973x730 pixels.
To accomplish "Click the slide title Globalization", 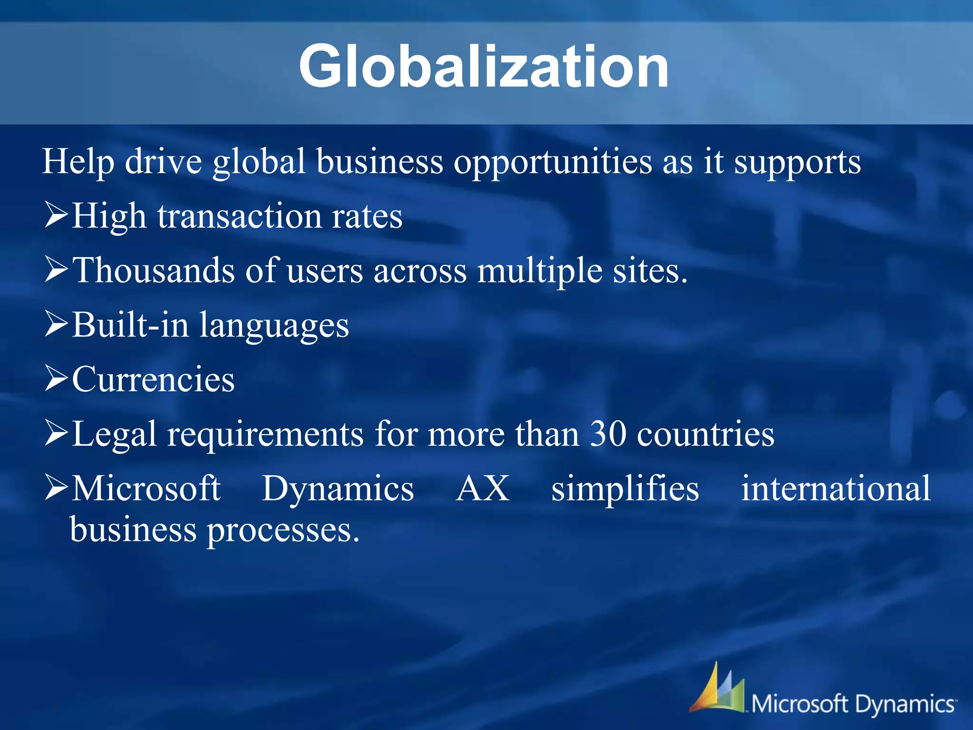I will [x=484, y=67].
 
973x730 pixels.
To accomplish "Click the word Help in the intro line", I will [x=78, y=162].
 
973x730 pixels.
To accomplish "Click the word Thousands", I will [x=154, y=270].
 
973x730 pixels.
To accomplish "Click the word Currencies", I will [x=153, y=380].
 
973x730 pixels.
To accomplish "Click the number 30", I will [x=608, y=434].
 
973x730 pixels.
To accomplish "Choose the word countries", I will [x=706, y=434].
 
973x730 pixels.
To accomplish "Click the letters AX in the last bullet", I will [x=483, y=488].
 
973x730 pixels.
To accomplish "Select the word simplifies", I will [x=625, y=489].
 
